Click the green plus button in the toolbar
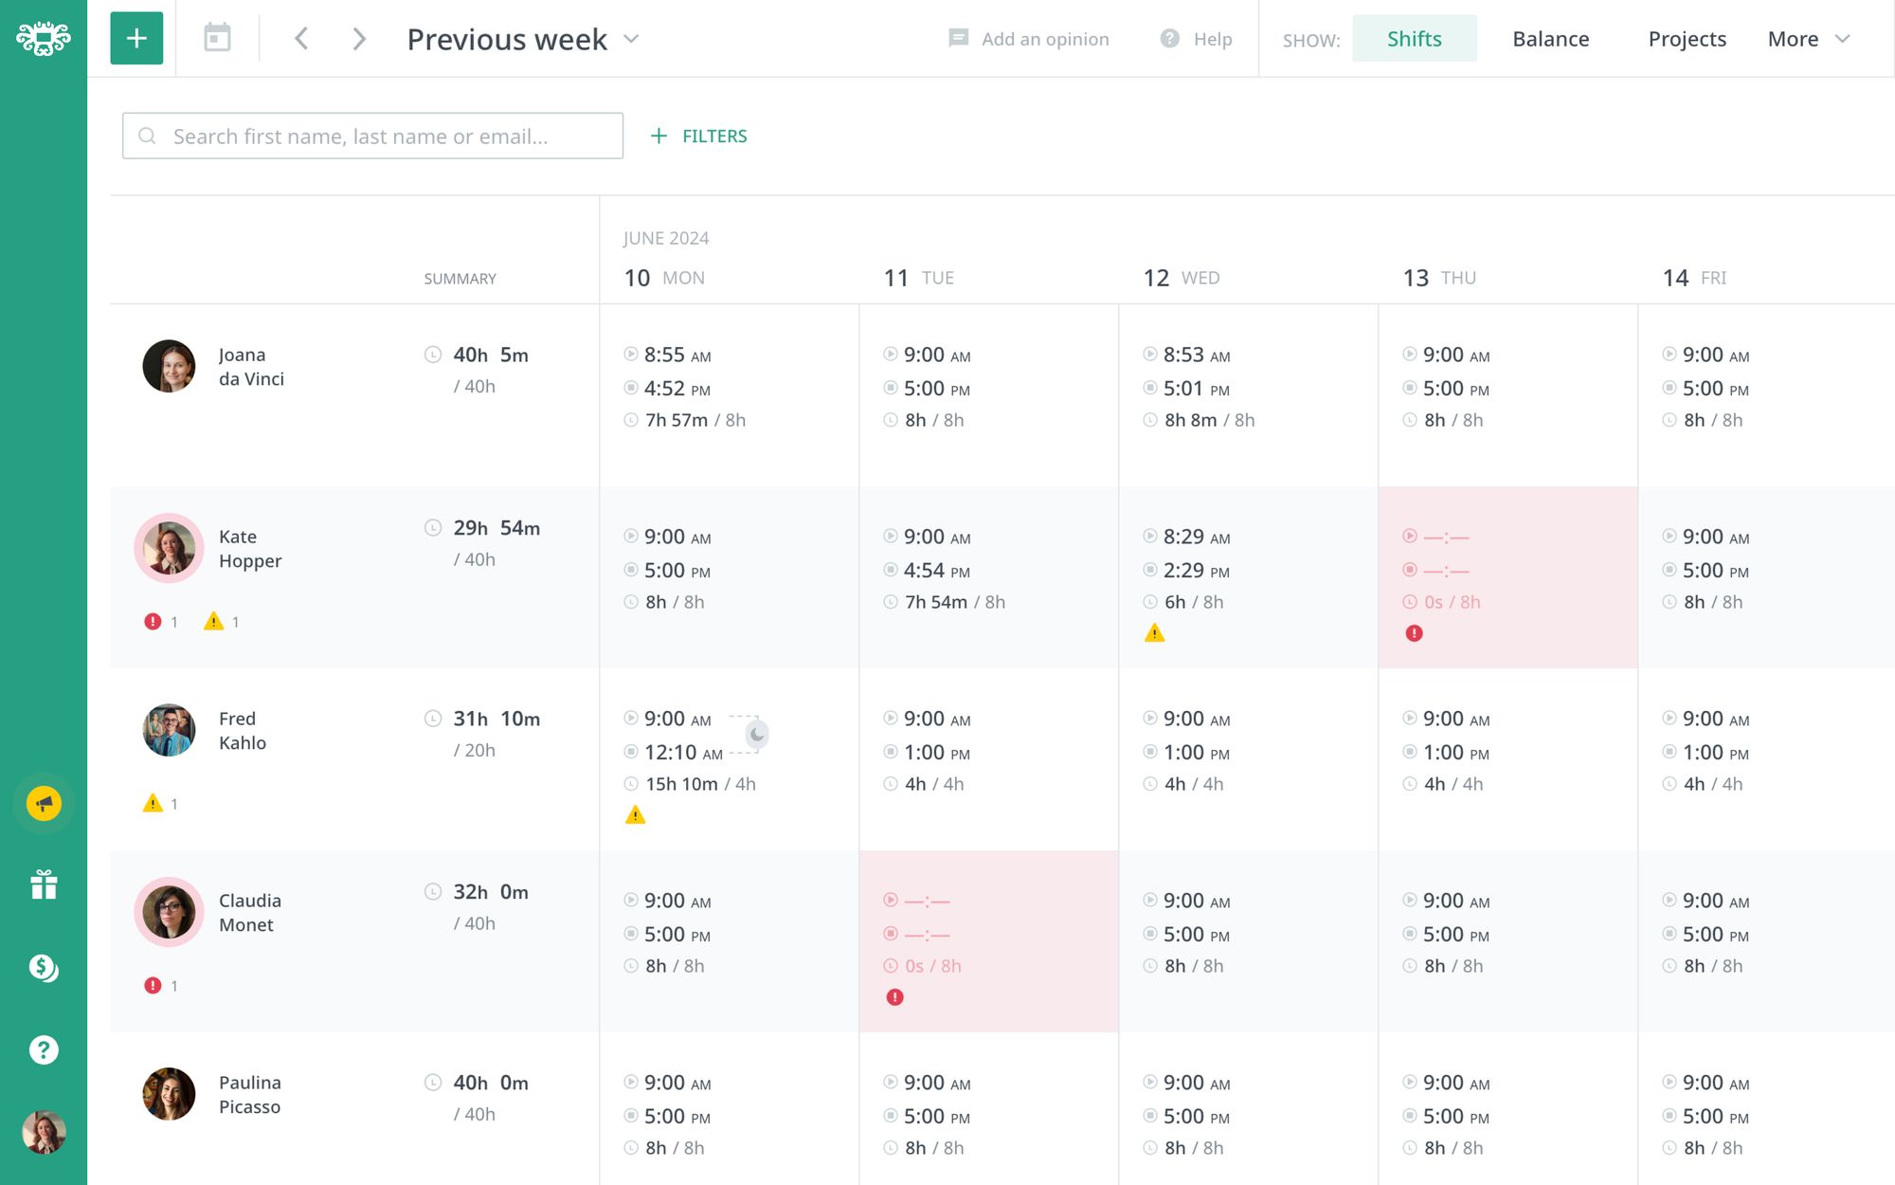136,39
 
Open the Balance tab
1550,39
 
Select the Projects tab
1687,39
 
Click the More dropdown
1808,39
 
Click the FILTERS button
699,137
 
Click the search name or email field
372,137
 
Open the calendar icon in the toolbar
217,39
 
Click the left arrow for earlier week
301,39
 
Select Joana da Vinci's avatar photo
169,366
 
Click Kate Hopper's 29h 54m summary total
496,528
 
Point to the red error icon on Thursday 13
1414,633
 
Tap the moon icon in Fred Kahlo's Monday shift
756,734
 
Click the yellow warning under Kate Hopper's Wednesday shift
1154,633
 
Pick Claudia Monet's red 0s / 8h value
932,966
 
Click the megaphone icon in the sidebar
44,804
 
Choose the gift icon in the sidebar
44,885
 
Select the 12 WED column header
1181,278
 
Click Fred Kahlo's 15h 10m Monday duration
681,784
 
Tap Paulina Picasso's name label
250,1094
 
